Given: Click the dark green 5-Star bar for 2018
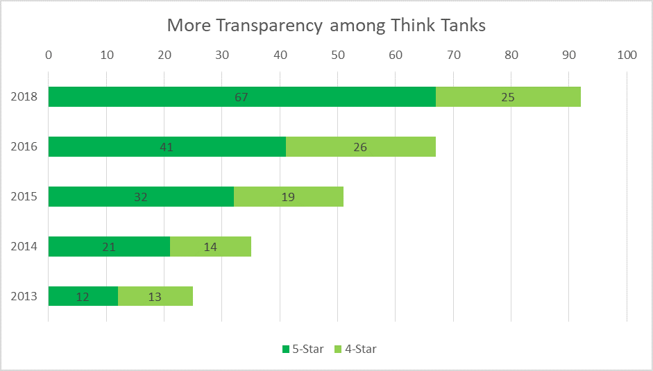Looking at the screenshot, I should (x=208, y=97).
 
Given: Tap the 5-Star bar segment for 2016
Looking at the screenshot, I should (x=139, y=147).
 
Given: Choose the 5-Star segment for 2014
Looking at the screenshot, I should (x=83, y=246).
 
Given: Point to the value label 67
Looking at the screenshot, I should (x=241, y=97).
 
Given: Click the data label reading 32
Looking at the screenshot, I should (x=141, y=197).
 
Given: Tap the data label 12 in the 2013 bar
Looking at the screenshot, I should (x=83, y=297).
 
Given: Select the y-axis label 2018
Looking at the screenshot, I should (x=24, y=97).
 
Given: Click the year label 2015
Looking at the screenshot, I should (x=24, y=197).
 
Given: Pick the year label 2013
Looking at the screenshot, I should (x=24, y=297).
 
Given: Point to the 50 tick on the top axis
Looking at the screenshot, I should (x=337, y=55).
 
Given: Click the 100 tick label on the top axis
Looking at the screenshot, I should (x=626, y=55).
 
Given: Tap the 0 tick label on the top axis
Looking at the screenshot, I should (x=49, y=55).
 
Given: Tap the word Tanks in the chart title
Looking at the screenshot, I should (x=461, y=26).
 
